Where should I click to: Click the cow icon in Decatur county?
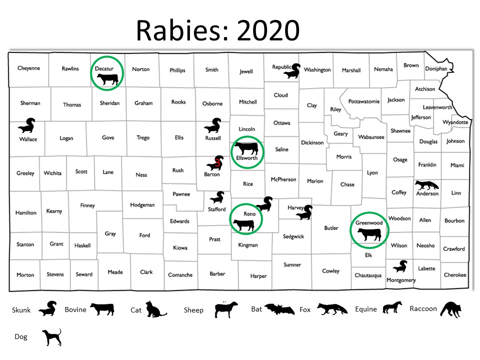(x=107, y=78)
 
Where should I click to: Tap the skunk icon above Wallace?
(x=25, y=126)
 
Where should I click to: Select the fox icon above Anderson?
(x=426, y=185)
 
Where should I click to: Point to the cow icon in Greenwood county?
(x=369, y=233)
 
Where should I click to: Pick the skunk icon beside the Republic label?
(x=292, y=71)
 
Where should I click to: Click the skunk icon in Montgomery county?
(x=400, y=266)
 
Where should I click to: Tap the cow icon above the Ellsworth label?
(x=246, y=148)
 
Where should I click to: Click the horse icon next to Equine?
(x=392, y=307)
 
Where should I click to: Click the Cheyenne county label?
(x=28, y=68)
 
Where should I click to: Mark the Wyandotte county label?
(x=455, y=122)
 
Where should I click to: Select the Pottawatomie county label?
(x=363, y=101)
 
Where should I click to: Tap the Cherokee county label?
(x=455, y=275)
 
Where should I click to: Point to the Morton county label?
(x=25, y=274)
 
